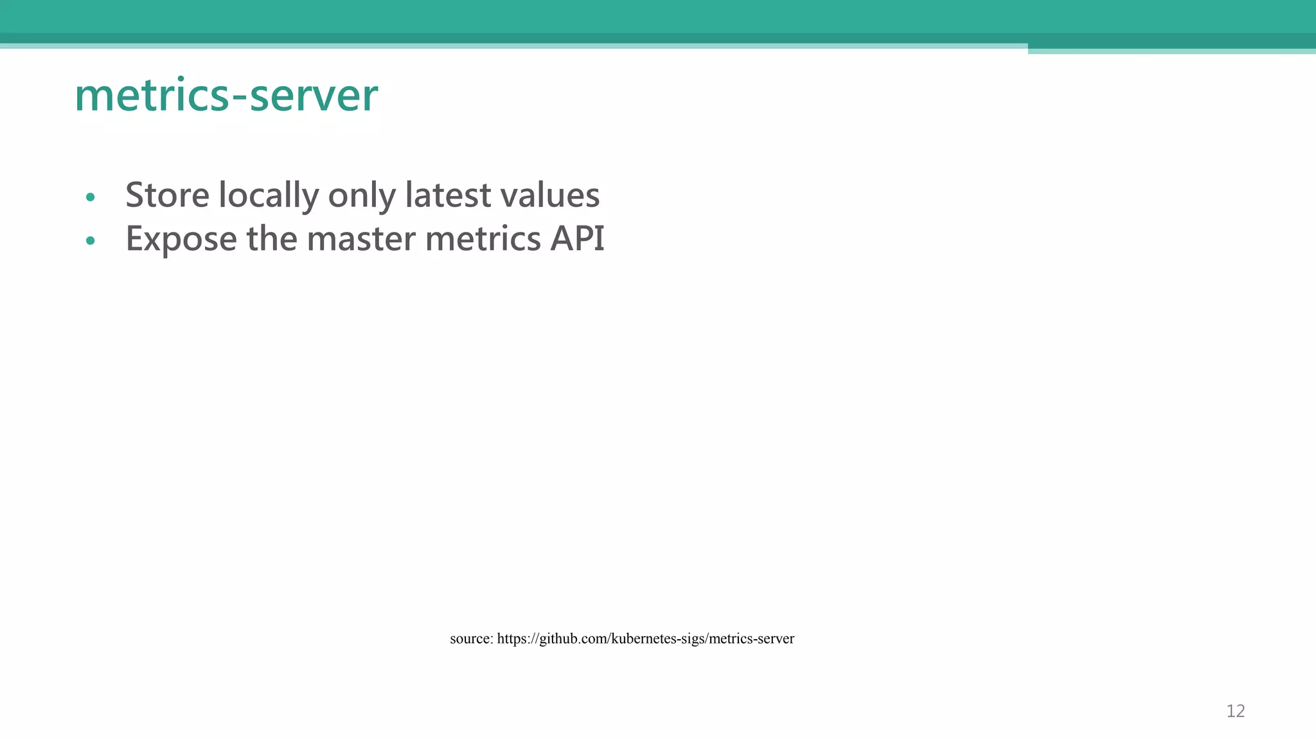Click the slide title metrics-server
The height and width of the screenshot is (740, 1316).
[226, 96]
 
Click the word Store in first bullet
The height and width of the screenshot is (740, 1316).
[167, 195]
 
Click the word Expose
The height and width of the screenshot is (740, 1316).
[181, 239]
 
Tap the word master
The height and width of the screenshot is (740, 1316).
[361, 239]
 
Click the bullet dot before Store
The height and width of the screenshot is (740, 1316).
[90, 197]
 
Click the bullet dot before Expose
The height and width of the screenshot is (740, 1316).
[90, 241]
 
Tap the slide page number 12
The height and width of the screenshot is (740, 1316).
[1235, 711]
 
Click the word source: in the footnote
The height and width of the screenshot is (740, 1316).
[471, 639]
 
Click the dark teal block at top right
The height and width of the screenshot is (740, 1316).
[1171, 41]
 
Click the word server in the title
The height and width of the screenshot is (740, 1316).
[314, 96]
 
